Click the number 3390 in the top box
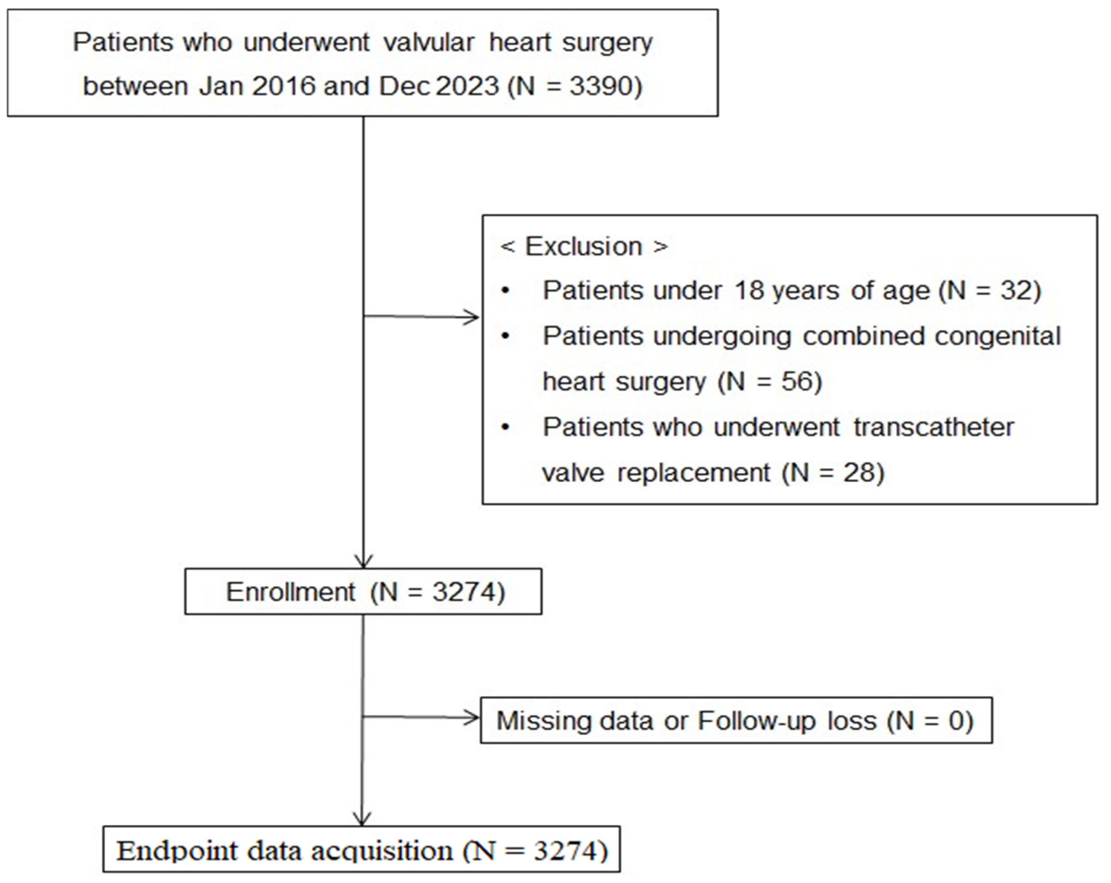point(601,86)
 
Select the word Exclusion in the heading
point(583,246)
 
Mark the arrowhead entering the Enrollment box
point(364,561)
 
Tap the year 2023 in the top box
point(467,86)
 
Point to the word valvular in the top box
point(429,42)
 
